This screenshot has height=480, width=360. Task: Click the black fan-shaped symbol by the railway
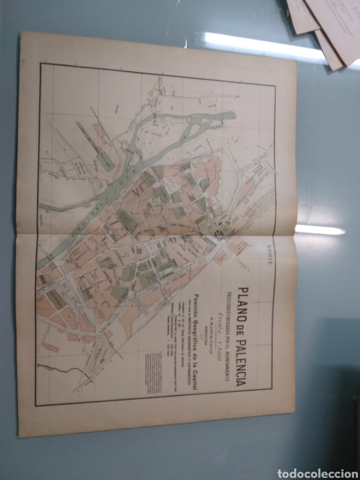(219, 233)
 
